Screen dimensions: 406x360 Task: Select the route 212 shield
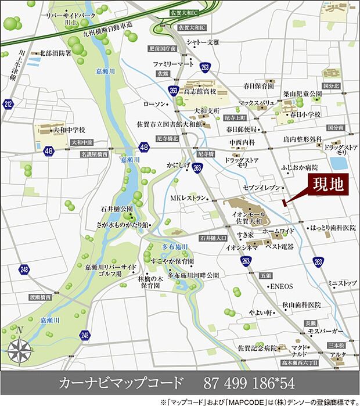click(x=8, y=105)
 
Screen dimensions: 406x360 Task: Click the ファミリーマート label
click(x=173, y=63)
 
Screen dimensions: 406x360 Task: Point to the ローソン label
click(x=154, y=103)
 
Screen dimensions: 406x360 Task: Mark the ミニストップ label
click(x=341, y=283)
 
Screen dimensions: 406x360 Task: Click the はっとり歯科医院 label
click(x=333, y=228)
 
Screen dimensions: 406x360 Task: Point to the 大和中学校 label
click(x=69, y=130)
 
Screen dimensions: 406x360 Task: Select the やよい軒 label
click(x=261, y=312)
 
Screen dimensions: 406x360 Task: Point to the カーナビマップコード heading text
click(x=121, y=383)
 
